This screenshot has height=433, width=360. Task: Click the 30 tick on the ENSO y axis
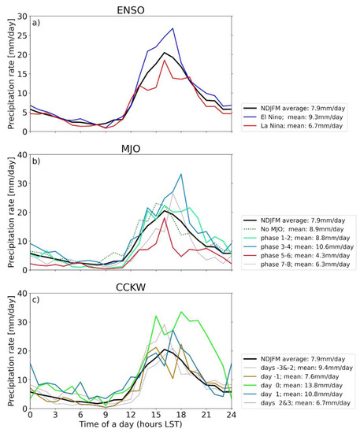pyautogui.click(x=21, y=17)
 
